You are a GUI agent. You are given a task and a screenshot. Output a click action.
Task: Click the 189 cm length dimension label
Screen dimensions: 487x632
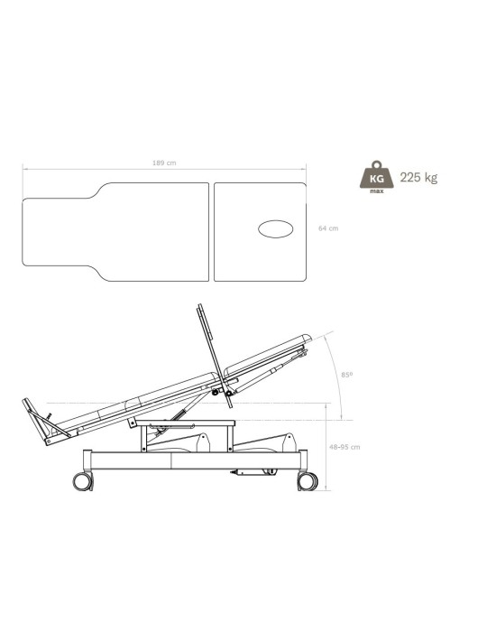tap(164, 163)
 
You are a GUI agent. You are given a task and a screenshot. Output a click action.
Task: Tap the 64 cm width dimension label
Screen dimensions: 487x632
tap(328, 228)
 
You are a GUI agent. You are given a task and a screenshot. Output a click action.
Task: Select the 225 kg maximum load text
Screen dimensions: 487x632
tap(418, 177)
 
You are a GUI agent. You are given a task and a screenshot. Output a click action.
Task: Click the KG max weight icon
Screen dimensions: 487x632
tap(377, 177)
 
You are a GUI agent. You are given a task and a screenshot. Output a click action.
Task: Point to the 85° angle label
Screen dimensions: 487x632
tap(347, 375)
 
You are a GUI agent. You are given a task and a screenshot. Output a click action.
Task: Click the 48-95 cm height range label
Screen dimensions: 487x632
tap(345, 447)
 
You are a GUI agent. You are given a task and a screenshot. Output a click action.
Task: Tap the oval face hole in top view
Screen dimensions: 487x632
tap(276, 229)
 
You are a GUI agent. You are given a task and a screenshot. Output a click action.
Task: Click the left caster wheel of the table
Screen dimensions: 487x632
tap(82, 481)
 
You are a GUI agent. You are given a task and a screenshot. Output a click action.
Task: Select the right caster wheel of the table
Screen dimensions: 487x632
tap(308, 481)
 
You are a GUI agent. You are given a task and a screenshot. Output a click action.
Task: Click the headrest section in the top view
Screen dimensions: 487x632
tap(260, 232)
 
